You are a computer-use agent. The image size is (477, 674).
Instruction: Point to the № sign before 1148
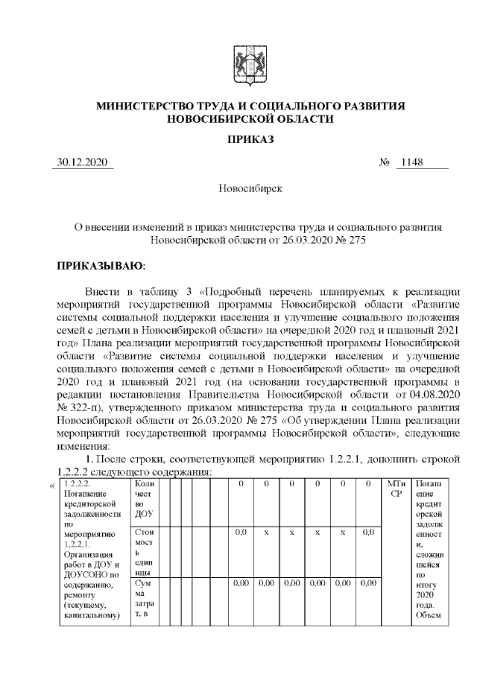pyautogui.click(x=385, y=163)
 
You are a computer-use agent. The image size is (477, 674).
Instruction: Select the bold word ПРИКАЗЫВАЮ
pyautogui.click(x=101, y=265)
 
